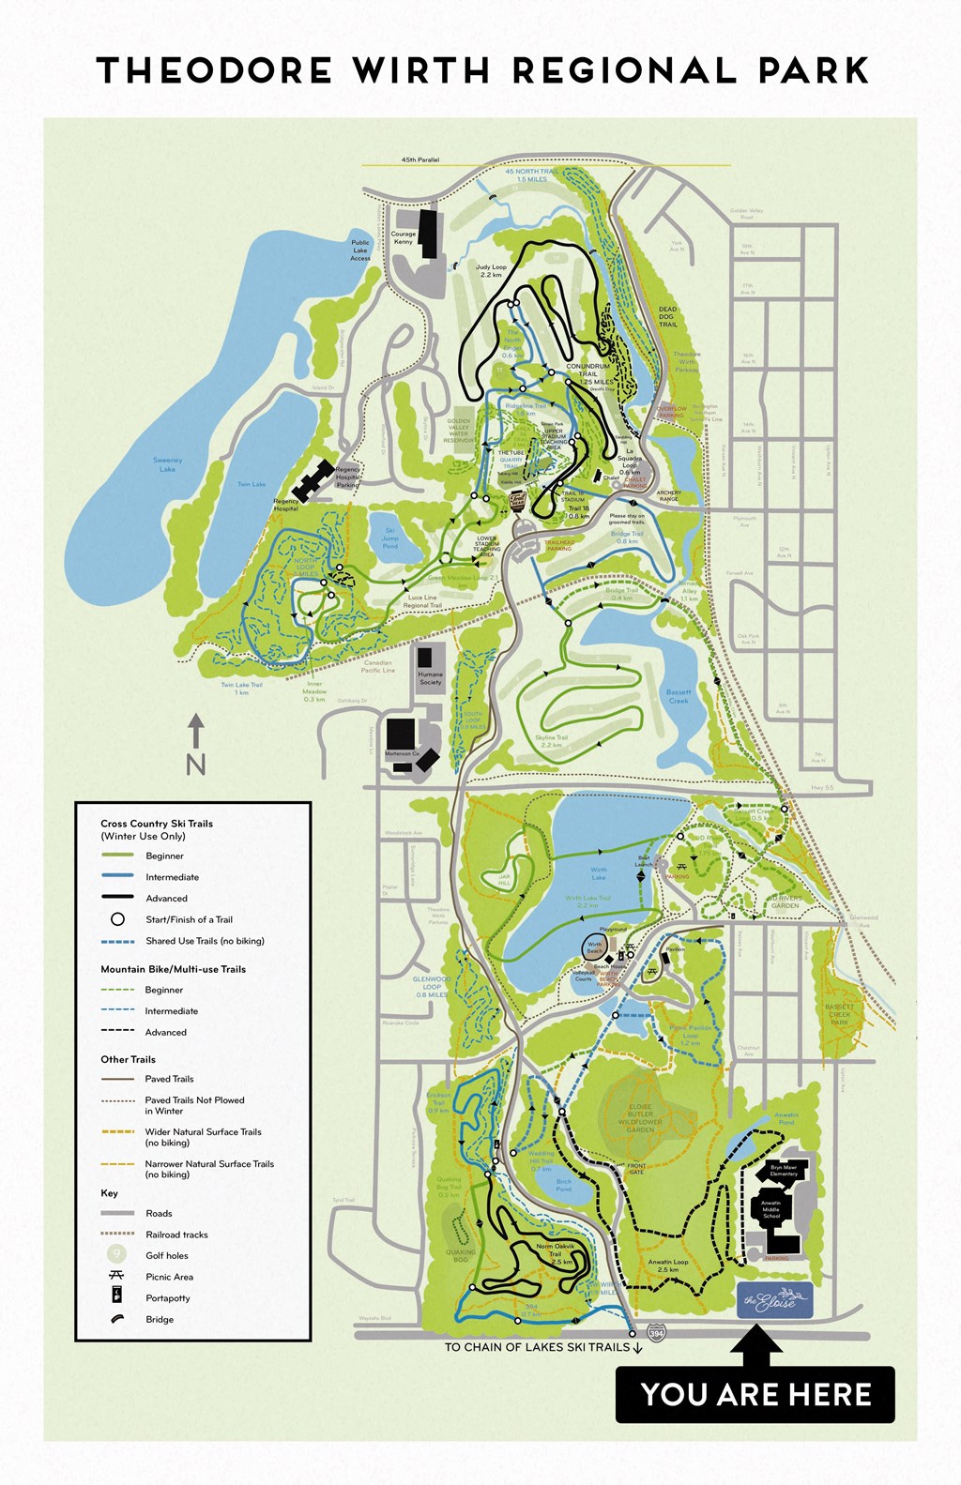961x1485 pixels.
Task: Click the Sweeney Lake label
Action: [167, 464]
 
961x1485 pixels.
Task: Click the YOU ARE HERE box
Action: [755, 1394]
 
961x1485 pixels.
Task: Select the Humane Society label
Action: [431, 678]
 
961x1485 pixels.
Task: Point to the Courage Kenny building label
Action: [404, 238]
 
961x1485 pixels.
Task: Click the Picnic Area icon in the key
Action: [117, 1277]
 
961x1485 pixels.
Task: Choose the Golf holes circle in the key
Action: [117, 1255]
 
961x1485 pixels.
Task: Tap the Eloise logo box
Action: [774, 1301]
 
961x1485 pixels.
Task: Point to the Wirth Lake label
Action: [599, 874]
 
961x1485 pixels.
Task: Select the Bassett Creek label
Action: [679, 696]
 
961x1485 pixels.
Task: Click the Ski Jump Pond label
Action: [390, 538]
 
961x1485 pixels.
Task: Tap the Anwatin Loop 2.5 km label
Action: [668, 1266]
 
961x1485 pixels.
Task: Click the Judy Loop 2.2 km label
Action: [491, 271]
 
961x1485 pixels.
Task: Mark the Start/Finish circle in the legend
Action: [117, 919]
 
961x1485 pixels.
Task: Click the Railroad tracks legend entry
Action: [176, 1235]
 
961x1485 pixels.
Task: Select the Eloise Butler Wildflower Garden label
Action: [640, 1118]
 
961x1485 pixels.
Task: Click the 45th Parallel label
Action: [420, 160]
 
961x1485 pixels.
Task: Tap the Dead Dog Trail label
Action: [667, 317]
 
